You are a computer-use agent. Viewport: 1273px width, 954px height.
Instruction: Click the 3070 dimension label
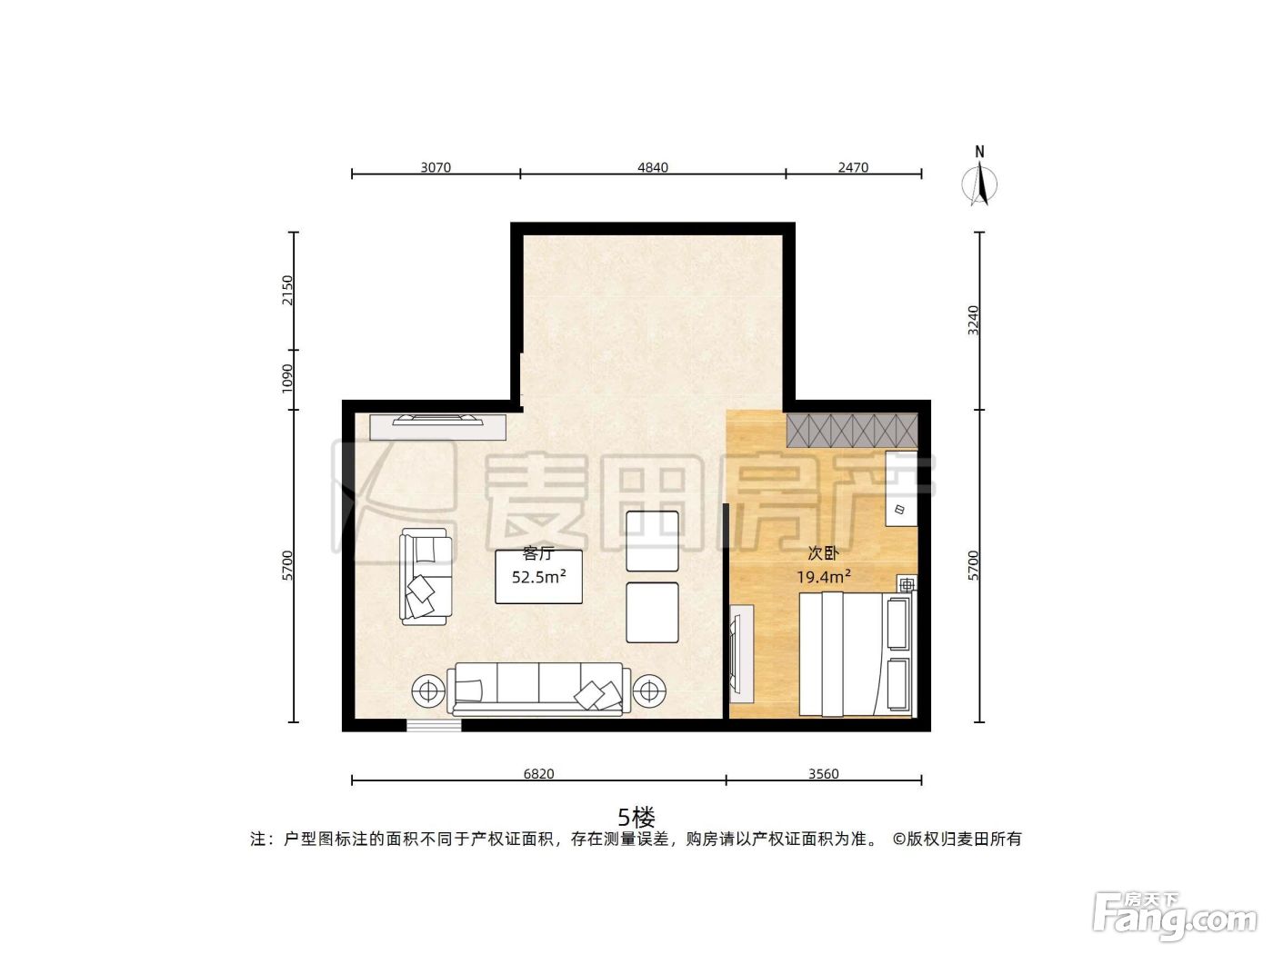(436, 167)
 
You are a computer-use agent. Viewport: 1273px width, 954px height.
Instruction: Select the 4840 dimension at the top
(653, 167)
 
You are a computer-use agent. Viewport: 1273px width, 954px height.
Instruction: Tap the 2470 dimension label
(853, 167)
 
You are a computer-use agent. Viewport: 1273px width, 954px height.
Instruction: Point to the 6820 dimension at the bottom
(539, 774)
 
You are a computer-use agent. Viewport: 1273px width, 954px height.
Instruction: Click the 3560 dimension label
(824, 774)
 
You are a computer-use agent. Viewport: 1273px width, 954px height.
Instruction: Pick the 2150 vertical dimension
(287, 290)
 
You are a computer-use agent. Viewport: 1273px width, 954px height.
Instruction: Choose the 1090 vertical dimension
(287, 379)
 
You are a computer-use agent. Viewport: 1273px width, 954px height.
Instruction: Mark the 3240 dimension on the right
(973, 321)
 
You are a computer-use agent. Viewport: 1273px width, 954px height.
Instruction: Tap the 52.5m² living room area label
(539, 577)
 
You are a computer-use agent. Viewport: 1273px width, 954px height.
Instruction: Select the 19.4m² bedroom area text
(824, 577)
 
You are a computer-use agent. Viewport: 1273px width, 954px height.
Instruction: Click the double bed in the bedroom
(856, 654)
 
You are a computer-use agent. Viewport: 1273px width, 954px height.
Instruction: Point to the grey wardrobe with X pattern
(852, 431)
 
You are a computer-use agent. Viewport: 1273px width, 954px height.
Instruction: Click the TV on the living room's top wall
(438, 420)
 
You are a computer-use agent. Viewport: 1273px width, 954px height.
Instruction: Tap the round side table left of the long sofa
(428, 691)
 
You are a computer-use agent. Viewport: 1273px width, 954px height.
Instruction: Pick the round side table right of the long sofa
(649, 691)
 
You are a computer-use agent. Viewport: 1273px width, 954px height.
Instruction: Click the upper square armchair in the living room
(653, 541)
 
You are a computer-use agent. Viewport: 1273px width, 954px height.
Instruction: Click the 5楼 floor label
(636, 818)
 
